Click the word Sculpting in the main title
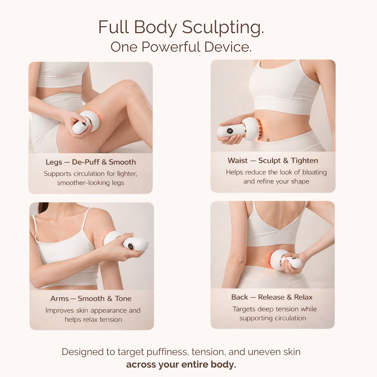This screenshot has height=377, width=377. pos(223,28)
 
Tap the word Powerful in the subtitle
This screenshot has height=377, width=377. pos(171,47)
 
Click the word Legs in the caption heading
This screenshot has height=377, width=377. pos(54,163)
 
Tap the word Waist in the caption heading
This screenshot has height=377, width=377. pos(237,161)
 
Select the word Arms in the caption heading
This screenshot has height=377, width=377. pos(60,298)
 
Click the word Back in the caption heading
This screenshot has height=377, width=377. pos(239,297)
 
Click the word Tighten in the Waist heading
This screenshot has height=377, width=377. pos(304,161)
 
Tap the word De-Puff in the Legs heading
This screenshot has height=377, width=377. pos(86,162)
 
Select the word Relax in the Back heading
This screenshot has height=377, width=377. pos(303,297)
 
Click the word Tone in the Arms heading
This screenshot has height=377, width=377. pos(123,298)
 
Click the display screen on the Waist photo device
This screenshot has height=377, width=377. pos(229,131)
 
